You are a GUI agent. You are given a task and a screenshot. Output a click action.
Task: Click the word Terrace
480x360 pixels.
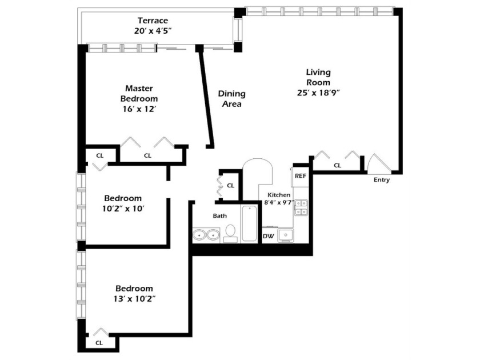pyautogui.click(x=153, y=21)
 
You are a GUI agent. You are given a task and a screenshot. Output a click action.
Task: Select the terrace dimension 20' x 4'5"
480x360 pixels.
pyautogui.click(x=153, y=31)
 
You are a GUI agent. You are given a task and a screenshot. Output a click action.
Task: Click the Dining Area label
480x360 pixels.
pyautogui.click(x=231, y=99)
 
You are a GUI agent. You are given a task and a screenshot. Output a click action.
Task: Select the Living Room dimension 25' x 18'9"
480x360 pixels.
pyautogui.click(x=318, y=93)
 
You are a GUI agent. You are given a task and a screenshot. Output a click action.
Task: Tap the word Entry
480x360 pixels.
pyautogui.click(x=382, y=180)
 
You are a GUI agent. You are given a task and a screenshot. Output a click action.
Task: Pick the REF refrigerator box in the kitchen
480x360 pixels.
pyautogui.click(x=301, y=176)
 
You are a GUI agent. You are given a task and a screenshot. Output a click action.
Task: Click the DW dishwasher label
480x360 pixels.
pyautogui.click(x=268, y=235)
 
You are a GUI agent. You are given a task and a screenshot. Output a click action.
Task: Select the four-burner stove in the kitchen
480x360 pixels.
pyautogui.click(x=301, y=207)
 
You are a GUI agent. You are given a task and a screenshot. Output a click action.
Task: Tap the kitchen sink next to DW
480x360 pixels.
pyautogui.click(x=286, y=235)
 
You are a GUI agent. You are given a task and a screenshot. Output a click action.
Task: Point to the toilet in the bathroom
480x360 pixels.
pyautogui.click(x=231, y=232)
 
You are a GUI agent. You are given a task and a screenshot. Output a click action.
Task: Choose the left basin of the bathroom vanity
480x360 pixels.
pyautogui.click(x=200, y=234)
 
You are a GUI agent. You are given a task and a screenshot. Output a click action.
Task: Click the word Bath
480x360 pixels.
pyautogui.click(x=220, y=215)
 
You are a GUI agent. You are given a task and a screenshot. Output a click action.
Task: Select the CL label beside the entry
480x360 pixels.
pyautogui.click(x=337, y=165)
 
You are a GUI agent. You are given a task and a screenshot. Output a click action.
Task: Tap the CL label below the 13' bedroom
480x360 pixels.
pyautogui.click(x=99, y=343)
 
